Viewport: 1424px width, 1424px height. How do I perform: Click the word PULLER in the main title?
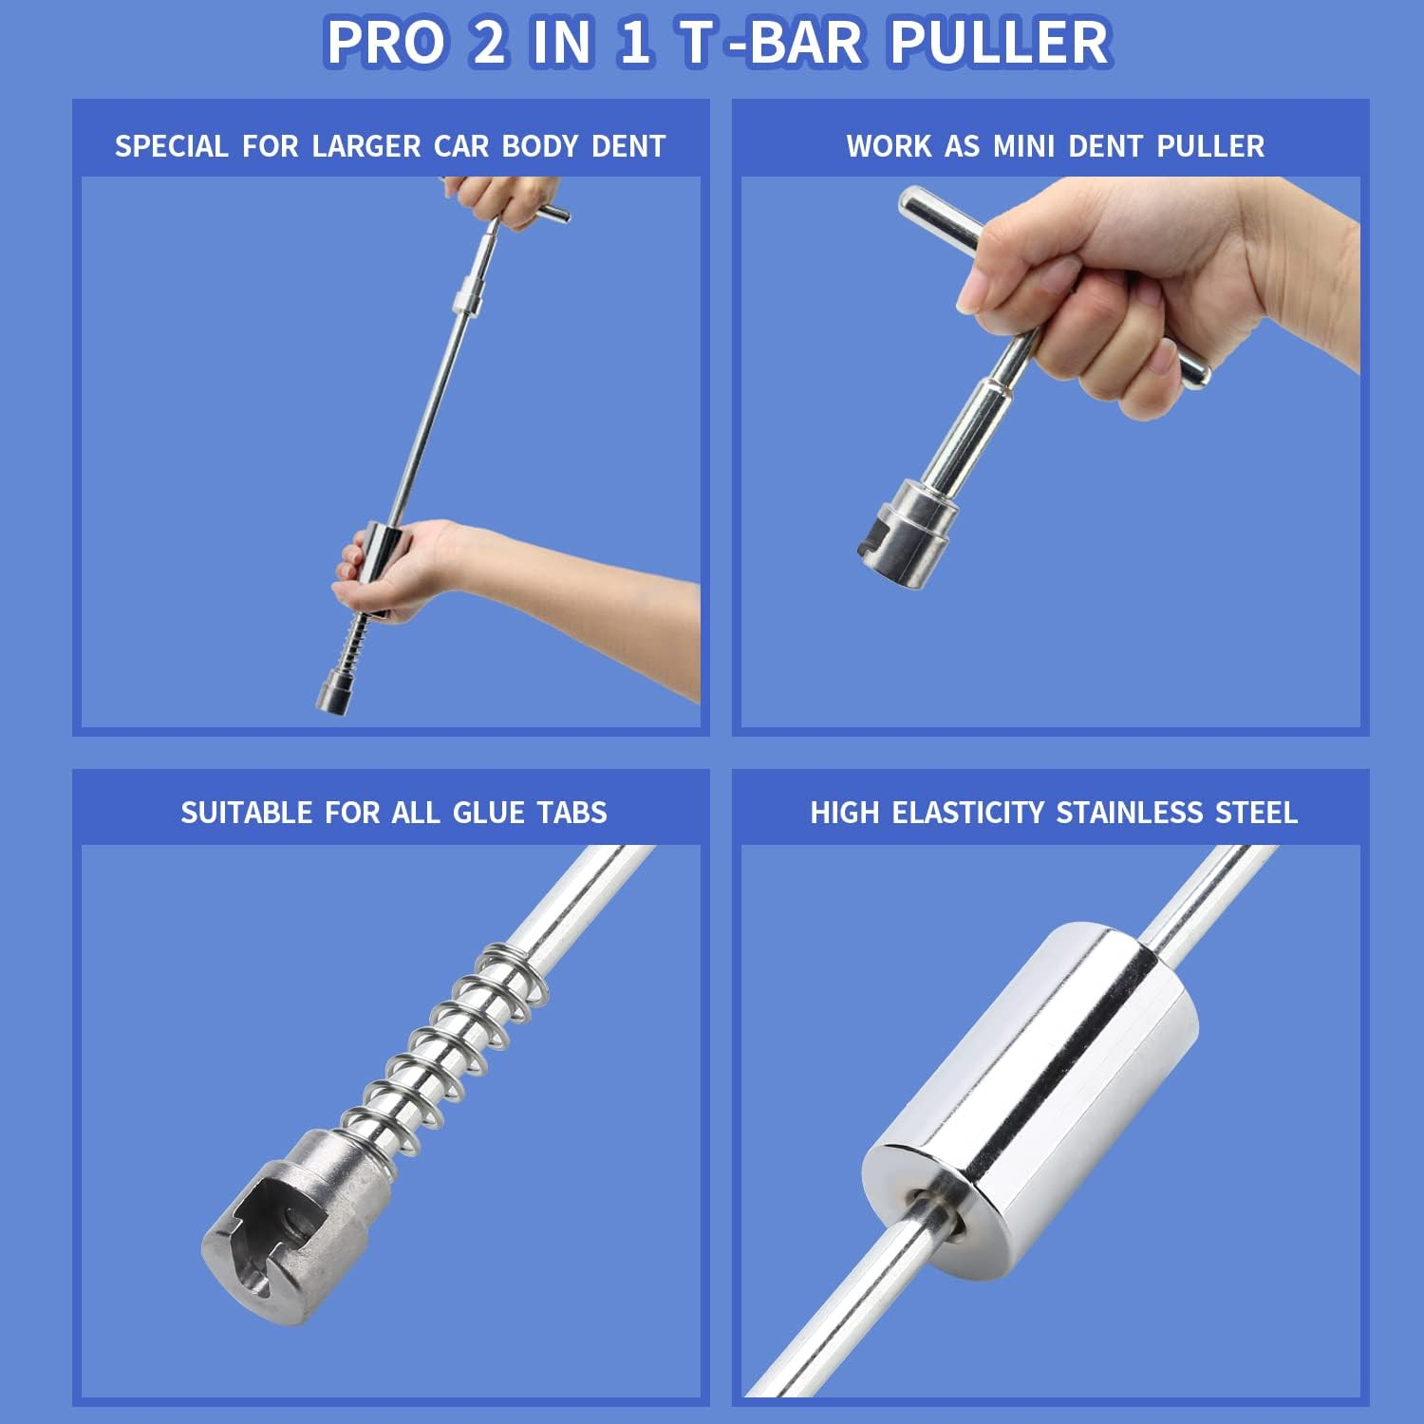point(1000,43)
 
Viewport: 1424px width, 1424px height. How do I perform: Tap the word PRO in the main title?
point(385,43)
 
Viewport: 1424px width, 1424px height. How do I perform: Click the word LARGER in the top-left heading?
point(366,146)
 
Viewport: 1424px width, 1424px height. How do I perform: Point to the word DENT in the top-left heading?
point(628,146)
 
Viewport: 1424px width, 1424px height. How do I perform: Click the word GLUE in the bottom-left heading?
point(488,813)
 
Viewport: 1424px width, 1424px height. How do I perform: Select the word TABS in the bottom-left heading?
point(571,813)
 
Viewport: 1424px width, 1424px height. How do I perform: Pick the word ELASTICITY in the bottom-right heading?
point(967,813)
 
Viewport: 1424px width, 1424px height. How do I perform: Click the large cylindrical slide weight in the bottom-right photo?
point(1030,1101)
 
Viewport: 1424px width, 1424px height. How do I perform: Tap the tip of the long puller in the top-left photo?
point(332,703)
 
